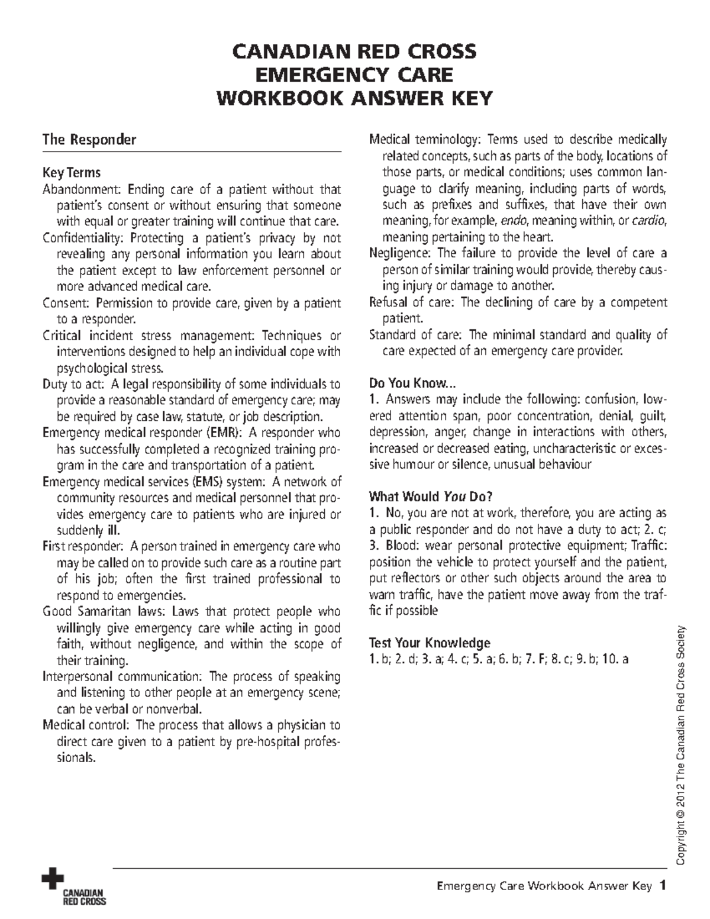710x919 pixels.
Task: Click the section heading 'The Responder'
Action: pos(89,140)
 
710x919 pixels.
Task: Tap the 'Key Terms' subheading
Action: pos(71,173)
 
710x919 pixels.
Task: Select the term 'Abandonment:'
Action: pos(81,189)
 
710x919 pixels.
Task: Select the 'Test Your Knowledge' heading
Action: pos(430,643)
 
